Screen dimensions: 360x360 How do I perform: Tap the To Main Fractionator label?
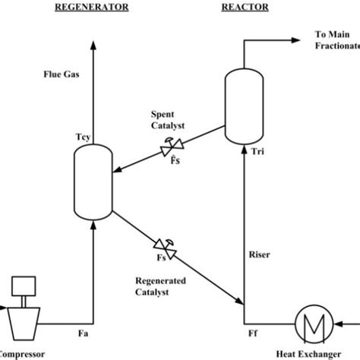point(334,42)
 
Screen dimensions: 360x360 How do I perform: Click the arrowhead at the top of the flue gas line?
point(93,46)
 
